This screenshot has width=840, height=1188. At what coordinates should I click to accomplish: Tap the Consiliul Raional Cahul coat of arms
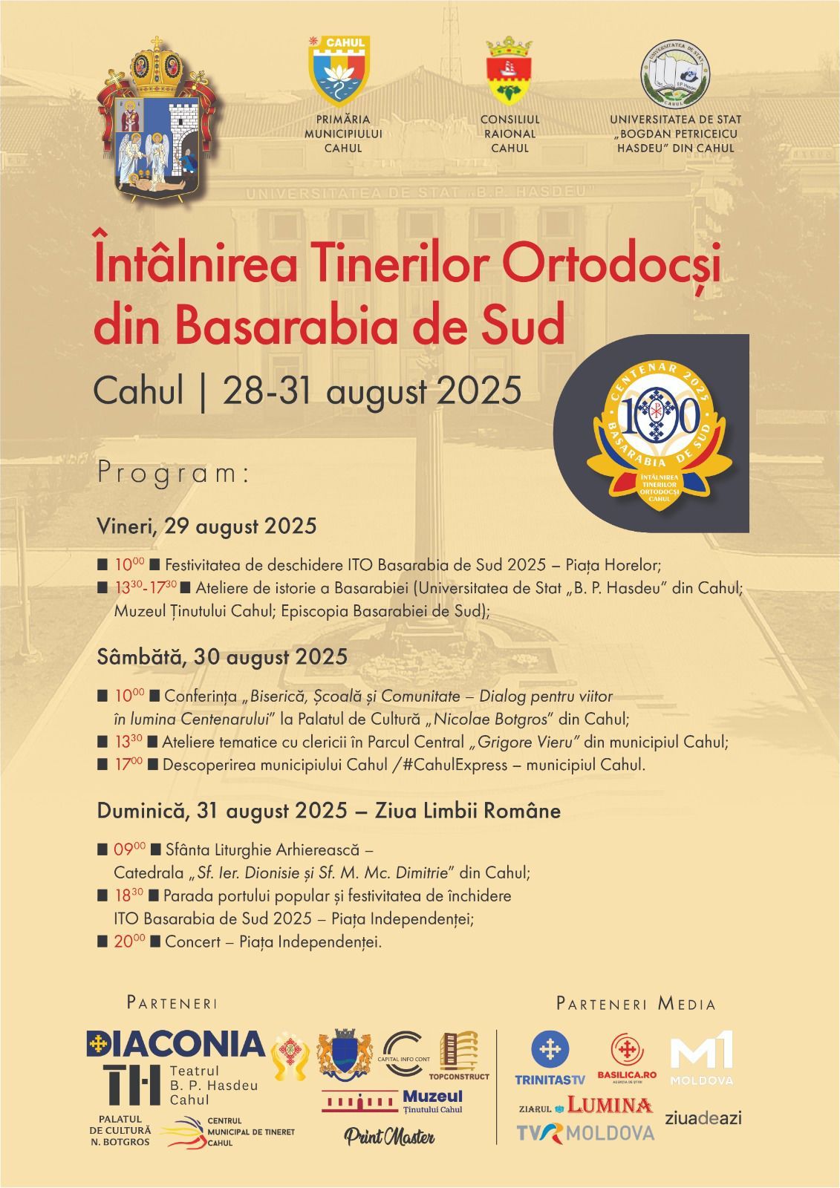coord(509,74)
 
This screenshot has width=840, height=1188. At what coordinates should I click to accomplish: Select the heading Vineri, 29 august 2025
coord(206,526)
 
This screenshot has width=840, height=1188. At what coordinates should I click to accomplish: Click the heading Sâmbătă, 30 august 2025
coord(222,656)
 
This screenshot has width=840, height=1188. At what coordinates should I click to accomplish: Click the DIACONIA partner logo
coord(176,1044)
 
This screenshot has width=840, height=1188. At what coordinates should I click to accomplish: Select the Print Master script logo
coord(389,1136)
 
